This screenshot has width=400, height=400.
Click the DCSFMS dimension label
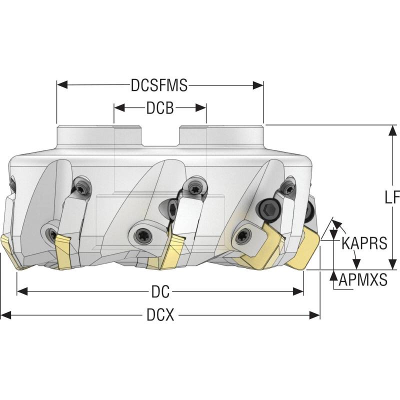point(159,85)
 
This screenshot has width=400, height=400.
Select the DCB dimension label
point(160,107)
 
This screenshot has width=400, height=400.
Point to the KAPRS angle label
point(364,243)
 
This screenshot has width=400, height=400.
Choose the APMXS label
point(363,279)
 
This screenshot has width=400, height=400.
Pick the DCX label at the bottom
point(160,315)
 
